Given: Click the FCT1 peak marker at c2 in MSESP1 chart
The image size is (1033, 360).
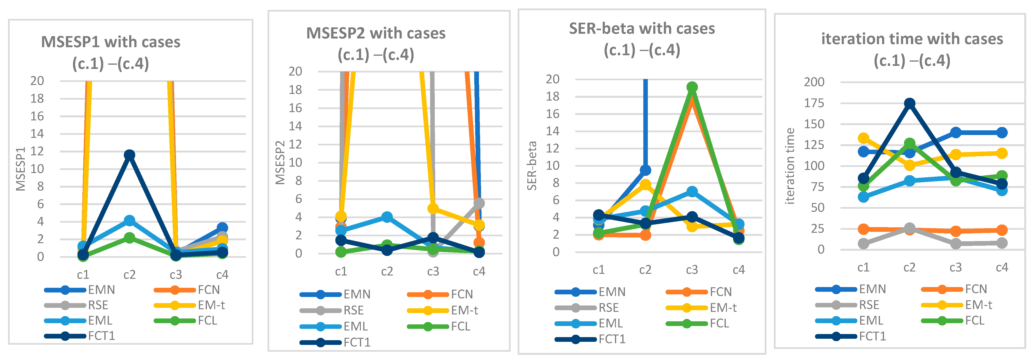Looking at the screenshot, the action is pyautogui.click(x=129, y=155).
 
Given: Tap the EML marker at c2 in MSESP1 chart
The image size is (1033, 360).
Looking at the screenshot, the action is pyautogui.click(x=129, y=220).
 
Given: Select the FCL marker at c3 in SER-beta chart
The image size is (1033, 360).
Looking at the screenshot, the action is pyautogui.click(x=692, y=87).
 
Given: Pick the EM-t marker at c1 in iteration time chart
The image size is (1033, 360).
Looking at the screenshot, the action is pyautogui.click(x=863, y=138).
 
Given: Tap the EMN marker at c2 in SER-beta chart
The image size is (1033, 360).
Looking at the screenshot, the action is pyautogui.click(x=645, y=170).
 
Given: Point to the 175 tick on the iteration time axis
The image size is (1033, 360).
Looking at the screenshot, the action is pyautogui.click(x=814, y=103).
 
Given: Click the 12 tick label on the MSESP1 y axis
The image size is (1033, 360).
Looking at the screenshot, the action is pyautogui.click(x=37, y=151).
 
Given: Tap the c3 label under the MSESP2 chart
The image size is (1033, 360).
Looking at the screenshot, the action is pyautogui.click(x=433, y=271).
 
